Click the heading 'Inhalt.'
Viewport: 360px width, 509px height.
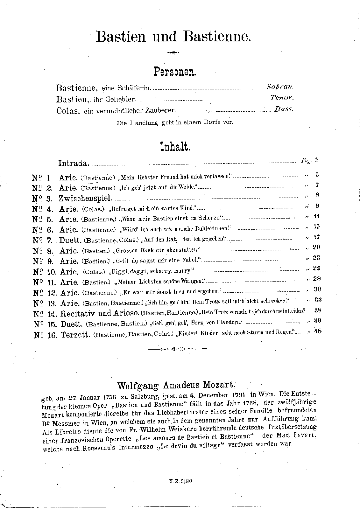tap(175, 147)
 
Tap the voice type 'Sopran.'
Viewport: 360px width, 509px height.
tap(280, 87)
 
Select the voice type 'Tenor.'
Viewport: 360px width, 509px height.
tap(282, 98)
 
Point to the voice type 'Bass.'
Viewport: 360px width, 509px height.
tap(284, 109)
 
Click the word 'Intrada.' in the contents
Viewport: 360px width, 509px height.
tap(74, 164)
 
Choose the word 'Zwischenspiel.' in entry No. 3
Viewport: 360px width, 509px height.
tap(85, 199)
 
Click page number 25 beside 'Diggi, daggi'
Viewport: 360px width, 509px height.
tap(316, 268)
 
